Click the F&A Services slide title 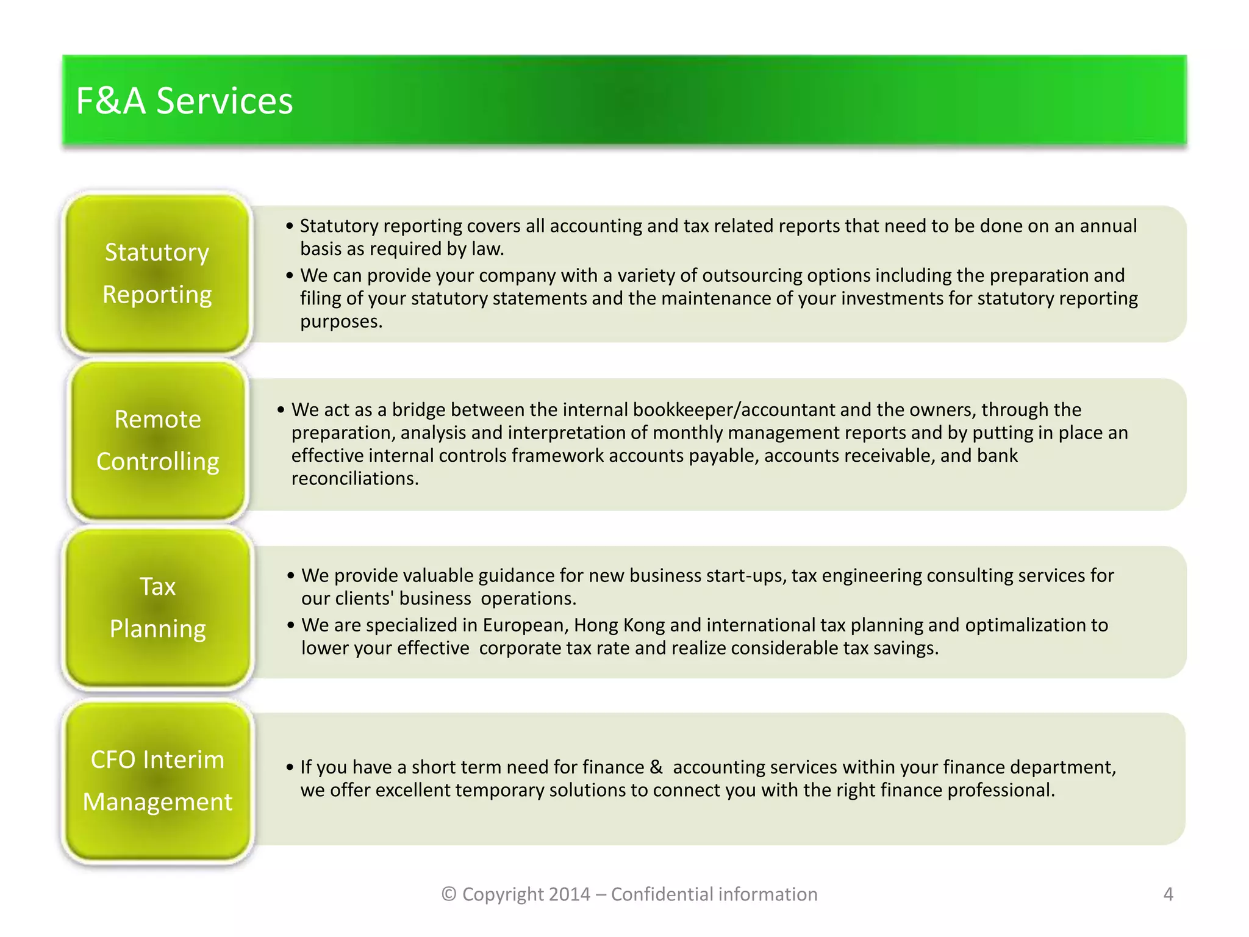[184, 101]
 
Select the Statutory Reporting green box [157, 273]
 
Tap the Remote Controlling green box [157, 440]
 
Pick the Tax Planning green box [157, 608]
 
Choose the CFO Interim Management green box [157, 781]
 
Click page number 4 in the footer [1168, 894]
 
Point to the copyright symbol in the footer [449, 894]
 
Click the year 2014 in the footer [570, 894]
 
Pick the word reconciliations [354, 479]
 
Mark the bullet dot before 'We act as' [281, 410]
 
